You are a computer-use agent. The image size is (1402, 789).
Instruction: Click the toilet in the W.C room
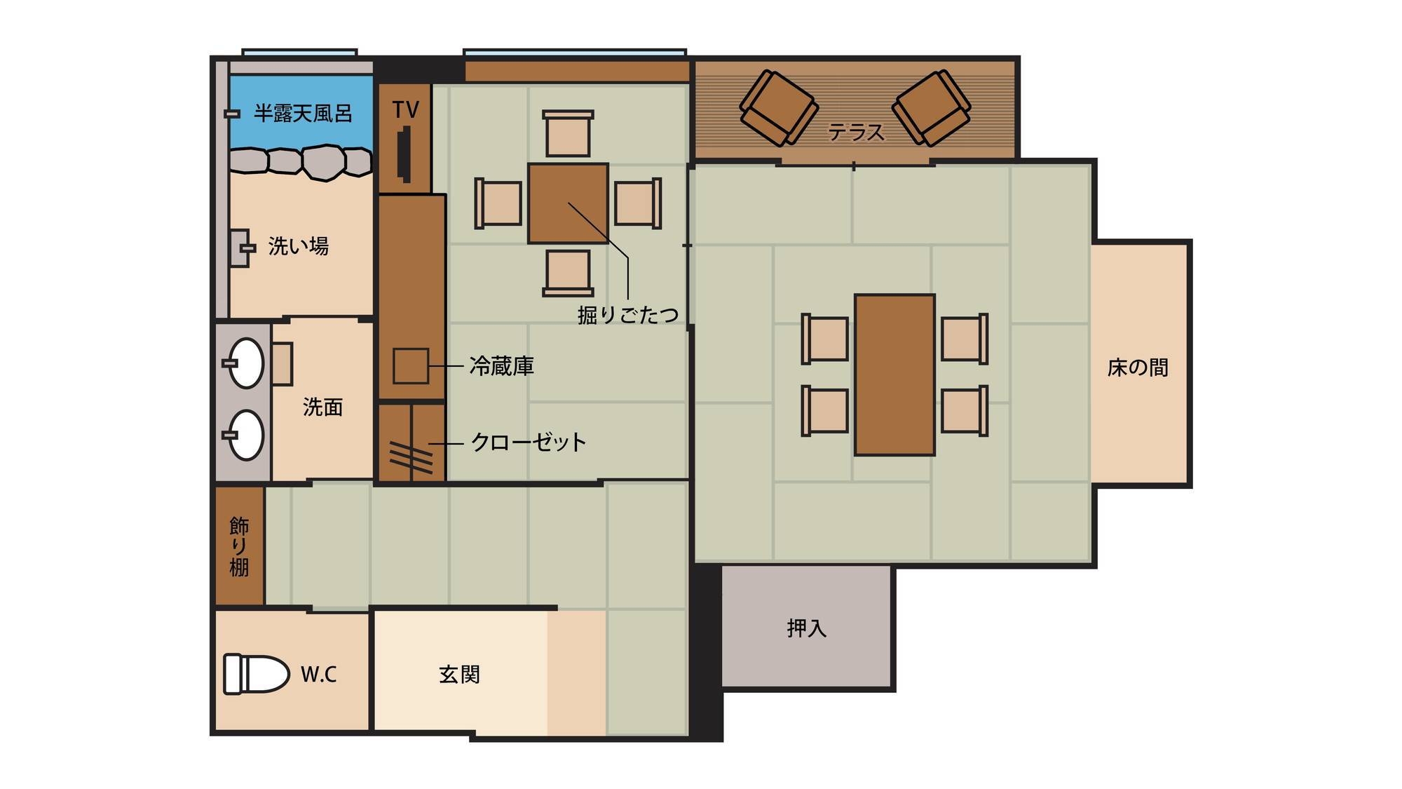tap(256, 674)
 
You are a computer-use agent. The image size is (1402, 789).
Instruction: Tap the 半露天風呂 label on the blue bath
tap(303, 113)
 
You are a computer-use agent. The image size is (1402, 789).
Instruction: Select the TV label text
tap(405, 109)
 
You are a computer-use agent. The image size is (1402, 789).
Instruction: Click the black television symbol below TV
tap(404, 154)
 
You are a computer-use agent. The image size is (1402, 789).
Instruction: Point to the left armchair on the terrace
tap(779, 108)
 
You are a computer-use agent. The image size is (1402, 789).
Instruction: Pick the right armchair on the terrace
tap(932, 108)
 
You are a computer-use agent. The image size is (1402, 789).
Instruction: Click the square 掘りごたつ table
tap(568, 203)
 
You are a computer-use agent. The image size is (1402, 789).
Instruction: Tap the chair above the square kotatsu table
tap(568, 133)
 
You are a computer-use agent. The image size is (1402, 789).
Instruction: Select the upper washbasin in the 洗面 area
tap(245, 363)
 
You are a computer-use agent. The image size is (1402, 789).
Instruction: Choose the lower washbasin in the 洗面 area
tap(245, 435)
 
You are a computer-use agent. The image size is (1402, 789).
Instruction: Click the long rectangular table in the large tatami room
tap(894, 375)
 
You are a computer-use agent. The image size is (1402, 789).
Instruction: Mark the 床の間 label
tap(1138, 367)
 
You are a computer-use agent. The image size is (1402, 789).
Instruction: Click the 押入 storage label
tap(807, 628)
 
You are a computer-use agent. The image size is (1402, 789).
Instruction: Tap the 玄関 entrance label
tap(459, 675)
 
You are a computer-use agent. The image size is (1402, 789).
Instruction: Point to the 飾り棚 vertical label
tap(239, 546)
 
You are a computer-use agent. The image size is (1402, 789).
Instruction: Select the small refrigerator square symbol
tap(411, 365)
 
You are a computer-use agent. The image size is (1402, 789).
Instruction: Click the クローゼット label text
tap(529, 442)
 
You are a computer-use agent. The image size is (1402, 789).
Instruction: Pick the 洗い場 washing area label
tap(299, 246)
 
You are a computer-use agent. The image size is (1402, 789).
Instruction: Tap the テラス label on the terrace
tap(856, 132)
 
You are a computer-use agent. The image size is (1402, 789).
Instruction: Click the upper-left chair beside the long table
tap(825, 339)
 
